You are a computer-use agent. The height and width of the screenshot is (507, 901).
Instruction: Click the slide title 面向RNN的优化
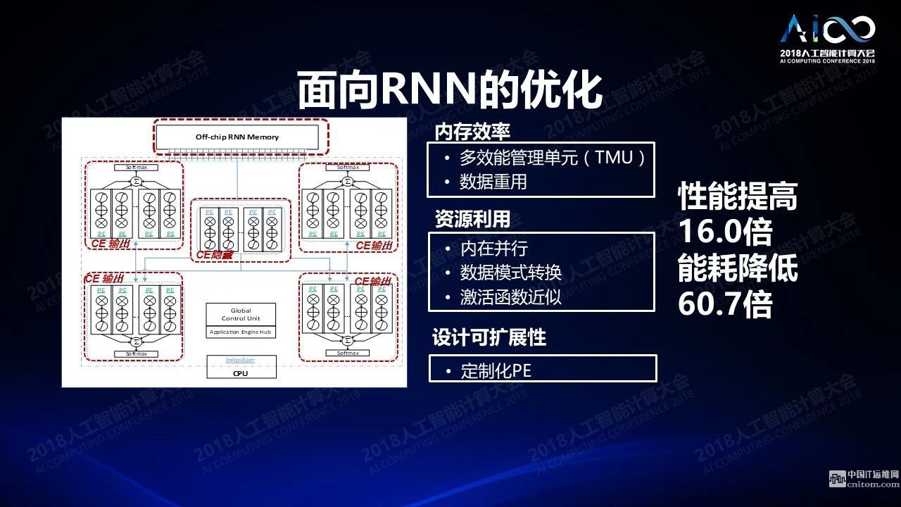click(450, 90)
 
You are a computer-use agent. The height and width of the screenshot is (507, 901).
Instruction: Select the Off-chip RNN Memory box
click(237, 137)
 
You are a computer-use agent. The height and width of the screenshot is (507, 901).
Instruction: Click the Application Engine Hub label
click(241, 332)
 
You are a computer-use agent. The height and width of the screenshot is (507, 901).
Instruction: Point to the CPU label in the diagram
click(240, 373)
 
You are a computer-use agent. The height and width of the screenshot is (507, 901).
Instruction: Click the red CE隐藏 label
click(215, 255)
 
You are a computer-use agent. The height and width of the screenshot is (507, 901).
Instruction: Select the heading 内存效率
click(472, 132)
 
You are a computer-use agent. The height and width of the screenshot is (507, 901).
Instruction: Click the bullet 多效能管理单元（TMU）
click(552, 158)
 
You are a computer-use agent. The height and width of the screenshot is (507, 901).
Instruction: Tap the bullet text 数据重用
click(493, 182)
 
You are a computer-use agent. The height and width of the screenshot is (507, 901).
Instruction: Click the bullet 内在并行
click(493, 248)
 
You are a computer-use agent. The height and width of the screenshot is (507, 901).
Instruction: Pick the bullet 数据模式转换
click(510, 272)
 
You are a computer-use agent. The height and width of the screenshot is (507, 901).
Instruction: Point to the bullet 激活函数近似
click(510, 296)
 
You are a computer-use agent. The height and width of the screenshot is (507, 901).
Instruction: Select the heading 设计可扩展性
click(489, 338)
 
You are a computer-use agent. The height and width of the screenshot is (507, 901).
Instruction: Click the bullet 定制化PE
click(496, 370)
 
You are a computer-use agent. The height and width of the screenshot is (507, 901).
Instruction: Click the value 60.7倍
click(725, 304)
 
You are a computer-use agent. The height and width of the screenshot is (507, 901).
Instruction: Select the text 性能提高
click(737, 197)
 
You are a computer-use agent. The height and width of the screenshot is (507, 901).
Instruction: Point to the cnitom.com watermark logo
click(863, 479)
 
